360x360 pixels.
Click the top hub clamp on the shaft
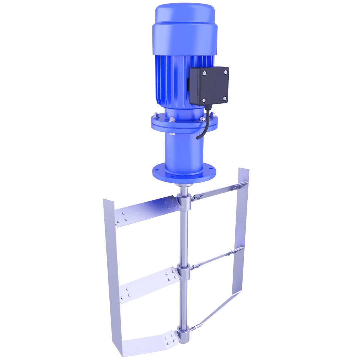click(x=184, y=201)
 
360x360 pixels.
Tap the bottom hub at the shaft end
click(x=183, y=335)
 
